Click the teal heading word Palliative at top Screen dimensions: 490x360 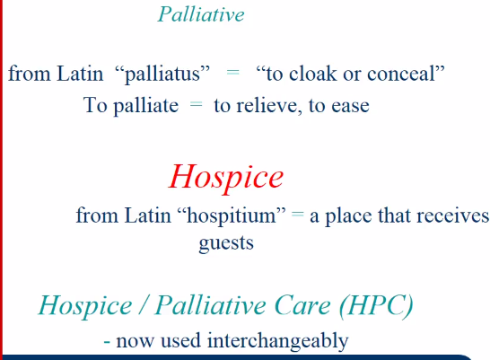click(x=201, y=14)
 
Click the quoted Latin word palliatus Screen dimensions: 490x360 click(x=162, y=75)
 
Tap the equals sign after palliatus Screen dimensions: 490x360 click(x=232, y=73)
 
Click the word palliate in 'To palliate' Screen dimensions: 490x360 click(x=146, y=106)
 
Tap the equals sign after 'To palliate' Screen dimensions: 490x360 click(x=197, y=104)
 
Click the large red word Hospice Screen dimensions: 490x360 click(x=226, y=177)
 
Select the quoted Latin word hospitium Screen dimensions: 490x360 click(x=232, y=216)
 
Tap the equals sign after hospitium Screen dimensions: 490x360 click(x=298, y=215)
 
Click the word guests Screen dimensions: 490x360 click(x=226, y=243)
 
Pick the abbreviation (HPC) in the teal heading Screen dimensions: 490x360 click(x=377, y=306)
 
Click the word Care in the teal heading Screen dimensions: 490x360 click(x=302, y=305)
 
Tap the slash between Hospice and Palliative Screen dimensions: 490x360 click(x=144, y=305)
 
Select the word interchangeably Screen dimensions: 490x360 click(x=278, y=340)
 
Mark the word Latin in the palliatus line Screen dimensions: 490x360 click(x=80, y=74)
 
